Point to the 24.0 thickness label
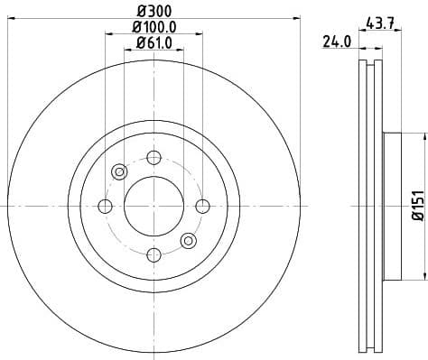tap(336, 40)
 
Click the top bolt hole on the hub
tap(154, 158)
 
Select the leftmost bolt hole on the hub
tap(105, 207)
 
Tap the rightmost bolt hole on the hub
tap(202, 207)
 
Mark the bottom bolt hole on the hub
tap(154, 255)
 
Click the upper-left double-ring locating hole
tap(119, 172)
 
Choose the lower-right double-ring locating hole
tap(188, 240)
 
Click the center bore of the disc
tap(154, 207)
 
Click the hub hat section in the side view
tap(391, 207)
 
